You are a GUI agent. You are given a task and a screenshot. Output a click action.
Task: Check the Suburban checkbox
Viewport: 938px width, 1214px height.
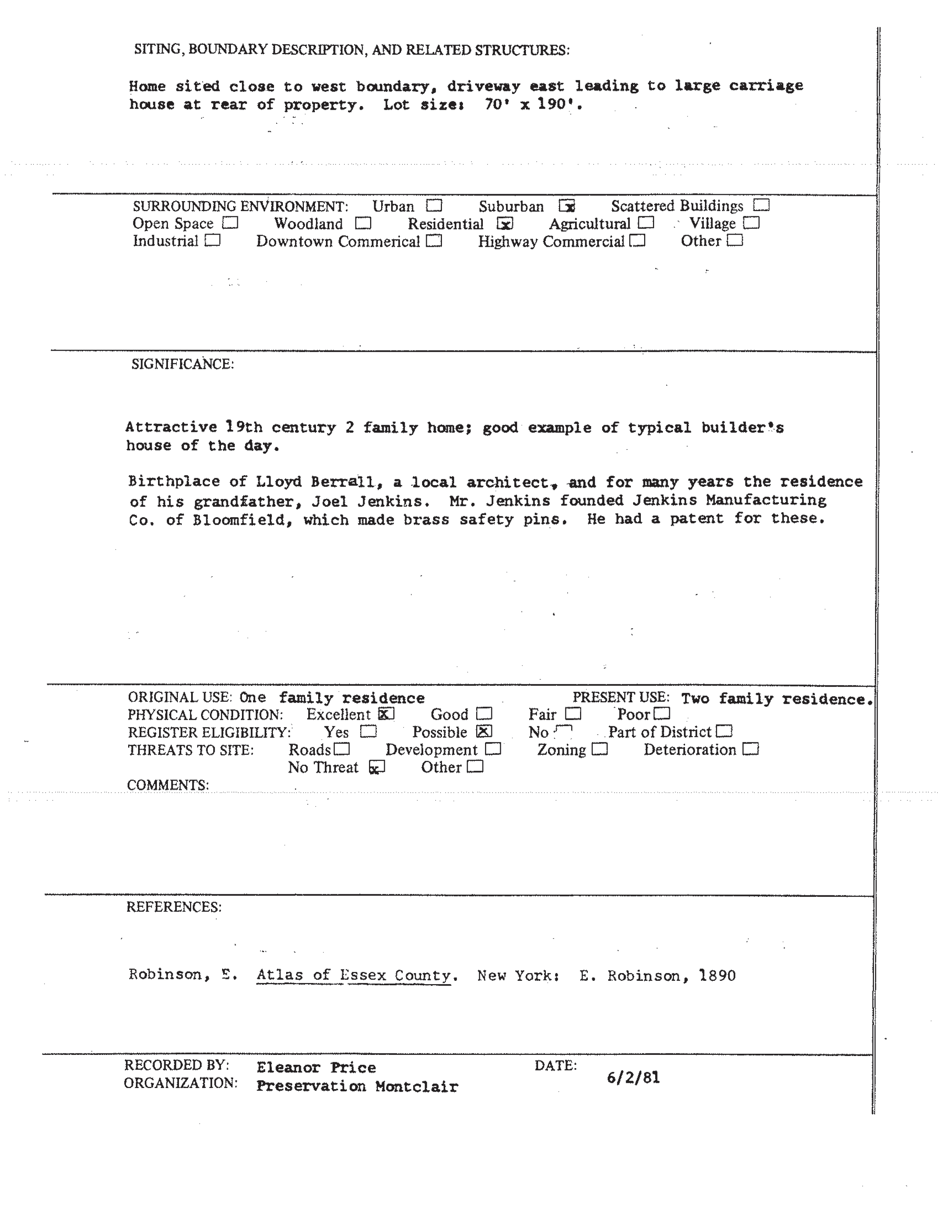[567, 206]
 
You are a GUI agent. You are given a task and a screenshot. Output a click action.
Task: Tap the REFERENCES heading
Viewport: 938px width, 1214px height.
[174, 907]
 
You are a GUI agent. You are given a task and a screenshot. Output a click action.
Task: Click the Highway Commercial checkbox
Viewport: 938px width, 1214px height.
[637, 241]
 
